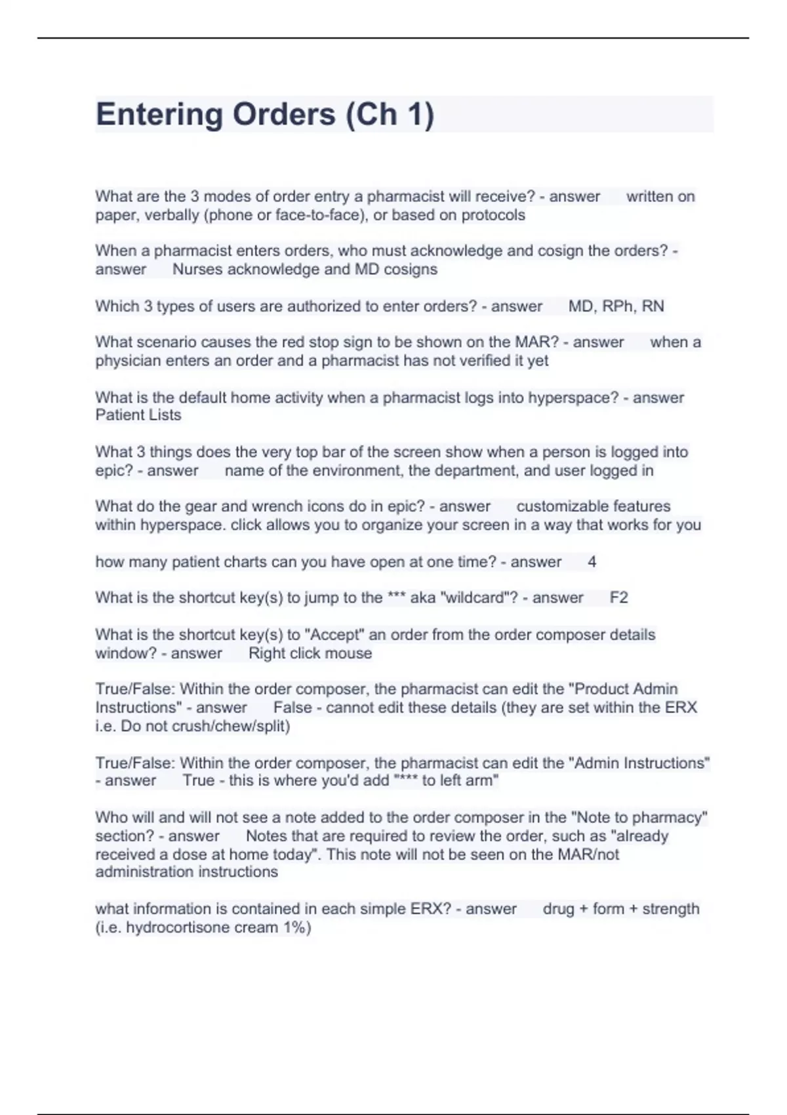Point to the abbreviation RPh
click(x=617, y=306)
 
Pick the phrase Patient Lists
click(x=138, y=415)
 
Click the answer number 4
click(x=592, y=562)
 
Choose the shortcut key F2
click(x=618, y=598)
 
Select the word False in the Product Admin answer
click(x=292, y=708)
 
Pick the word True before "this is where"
click(x=198, y=780)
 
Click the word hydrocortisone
click(x=175, y=927)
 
